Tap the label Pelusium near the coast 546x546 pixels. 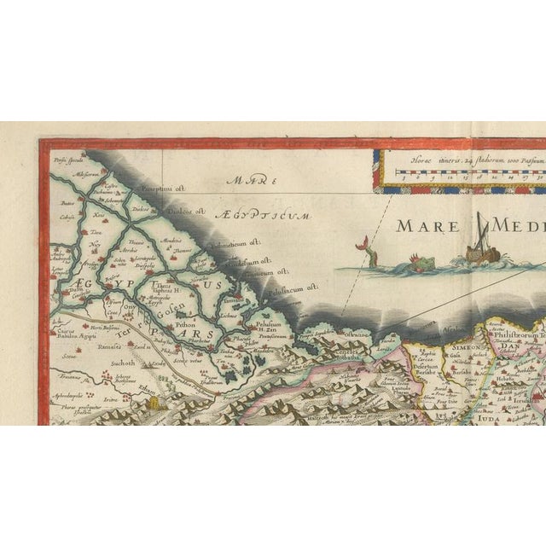[x=266, y=324]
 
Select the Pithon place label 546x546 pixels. [x=184, y=325]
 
